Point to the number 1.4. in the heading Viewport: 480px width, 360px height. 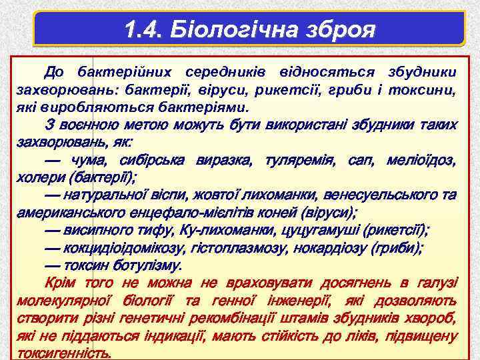point(145,30)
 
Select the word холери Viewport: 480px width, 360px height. point(39,177)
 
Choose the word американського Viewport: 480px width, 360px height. point(61,213)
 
